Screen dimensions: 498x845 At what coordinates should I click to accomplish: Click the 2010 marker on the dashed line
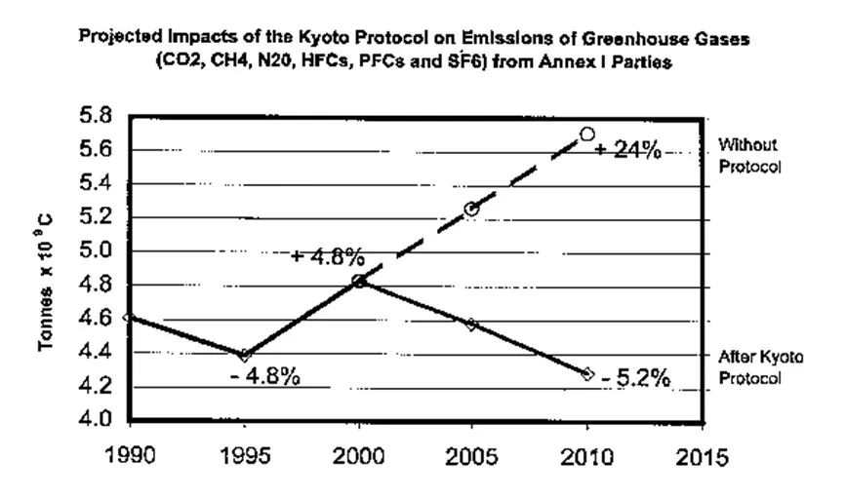tap(587, 134)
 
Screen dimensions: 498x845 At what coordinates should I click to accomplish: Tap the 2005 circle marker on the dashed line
tap(472, 209)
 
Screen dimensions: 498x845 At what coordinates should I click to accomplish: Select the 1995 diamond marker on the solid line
tap(245, 356)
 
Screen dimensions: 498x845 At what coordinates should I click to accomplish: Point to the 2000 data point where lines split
tap(359, 281)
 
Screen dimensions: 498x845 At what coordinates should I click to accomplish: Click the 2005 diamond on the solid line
tap(472, 325)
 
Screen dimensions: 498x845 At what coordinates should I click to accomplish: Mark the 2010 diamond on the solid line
tap(587, 373)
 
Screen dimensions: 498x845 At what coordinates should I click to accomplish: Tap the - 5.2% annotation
tap(635, 379)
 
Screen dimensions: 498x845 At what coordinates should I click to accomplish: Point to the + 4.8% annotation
tap(328, 257)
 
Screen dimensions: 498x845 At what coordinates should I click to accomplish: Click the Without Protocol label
tap(749, 155)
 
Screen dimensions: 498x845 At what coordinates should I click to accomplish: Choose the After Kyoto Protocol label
tap(760, 368)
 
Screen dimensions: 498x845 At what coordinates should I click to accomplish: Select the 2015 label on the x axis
tap(701, 459)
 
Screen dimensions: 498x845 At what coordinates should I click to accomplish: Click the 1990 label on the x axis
tap(131, 459)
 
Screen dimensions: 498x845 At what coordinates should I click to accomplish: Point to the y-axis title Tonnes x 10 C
tap(46, 283)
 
